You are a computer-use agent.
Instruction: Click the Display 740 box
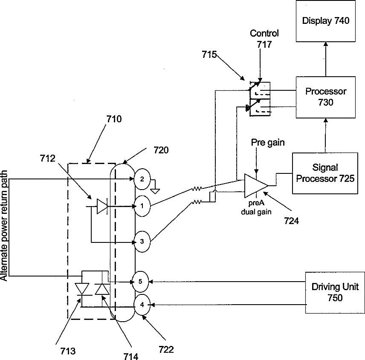tap(326, 21)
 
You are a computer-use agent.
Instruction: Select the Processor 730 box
tap(326, 97)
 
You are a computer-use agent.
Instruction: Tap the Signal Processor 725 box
tap(325, 173)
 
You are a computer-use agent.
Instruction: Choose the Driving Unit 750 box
tap(335, 293)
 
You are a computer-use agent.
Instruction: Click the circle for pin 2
tap(142, 179)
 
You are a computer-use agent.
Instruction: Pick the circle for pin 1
tap(142, 206)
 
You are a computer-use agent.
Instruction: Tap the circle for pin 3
tap(142, 242)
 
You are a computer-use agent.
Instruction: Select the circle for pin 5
tap(140, 282)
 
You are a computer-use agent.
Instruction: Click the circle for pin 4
tap(142, 305)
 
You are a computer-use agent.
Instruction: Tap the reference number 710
tap(114, 119)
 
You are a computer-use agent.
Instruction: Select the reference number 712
tap(47, 158)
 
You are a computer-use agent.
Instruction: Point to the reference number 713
tap(68, 351)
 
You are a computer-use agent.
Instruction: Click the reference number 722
tap(166, 349)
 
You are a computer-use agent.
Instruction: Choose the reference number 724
tap(291, 220)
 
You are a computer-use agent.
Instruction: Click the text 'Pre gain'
tap(268, 142)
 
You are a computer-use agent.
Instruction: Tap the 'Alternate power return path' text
tap(4, 225)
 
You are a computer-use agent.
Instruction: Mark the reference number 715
tap(209, 55)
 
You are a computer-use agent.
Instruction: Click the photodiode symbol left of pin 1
tap(102, 206)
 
